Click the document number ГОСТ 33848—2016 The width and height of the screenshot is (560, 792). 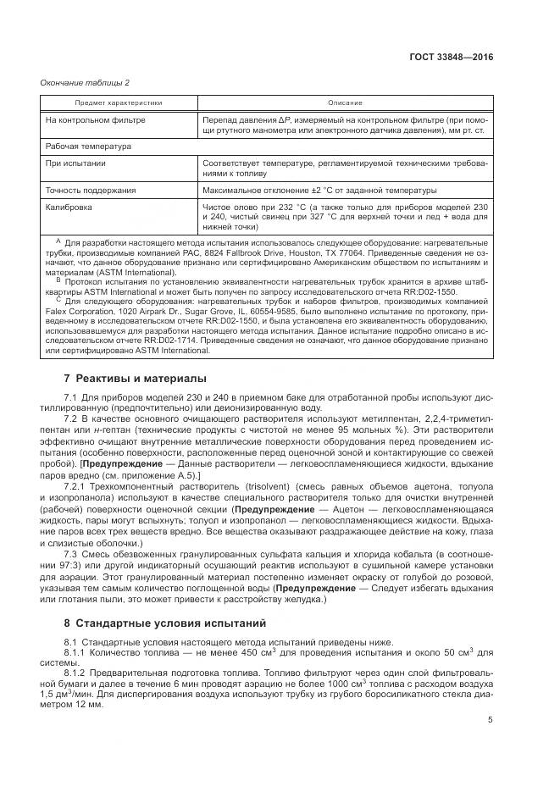(458, 57)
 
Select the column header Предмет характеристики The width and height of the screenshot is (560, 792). (119, 102)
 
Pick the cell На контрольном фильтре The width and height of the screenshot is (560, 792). (95, 119)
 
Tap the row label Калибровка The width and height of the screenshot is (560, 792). (69, 206)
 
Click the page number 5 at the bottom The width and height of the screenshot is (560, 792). (489, 720)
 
